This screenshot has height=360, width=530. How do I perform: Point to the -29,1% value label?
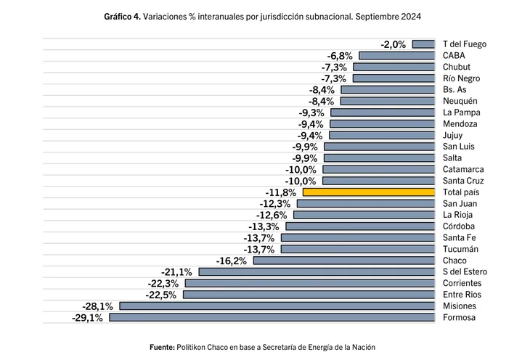(x=87, y=317)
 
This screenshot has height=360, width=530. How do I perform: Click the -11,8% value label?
(x=281, y=192)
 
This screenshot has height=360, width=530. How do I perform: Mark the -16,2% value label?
(x=232, y=261)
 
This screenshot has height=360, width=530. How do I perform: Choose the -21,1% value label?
(x=177, y=272)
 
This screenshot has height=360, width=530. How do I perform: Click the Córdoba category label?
(x=459, y=226)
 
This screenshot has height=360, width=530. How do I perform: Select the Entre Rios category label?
(x=462, y=295)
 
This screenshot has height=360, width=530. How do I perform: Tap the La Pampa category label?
(x=461, y=112)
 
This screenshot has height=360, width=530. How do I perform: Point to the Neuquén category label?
(x=460, y=101)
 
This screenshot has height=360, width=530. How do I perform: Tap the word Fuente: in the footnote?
(x=162, y=347)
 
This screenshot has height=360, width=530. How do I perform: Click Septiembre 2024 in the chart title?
(x=384, y=16)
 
